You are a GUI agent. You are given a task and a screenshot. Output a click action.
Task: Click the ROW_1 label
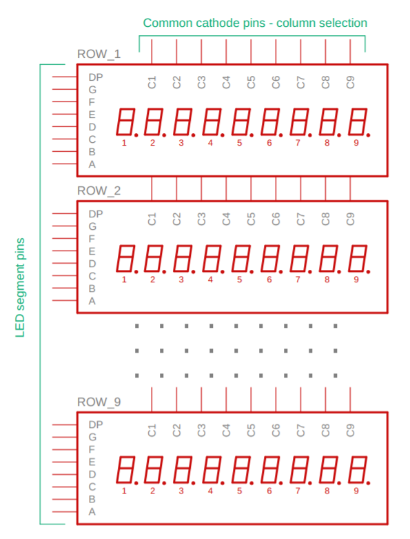pyautogui.click(x=99, y=55)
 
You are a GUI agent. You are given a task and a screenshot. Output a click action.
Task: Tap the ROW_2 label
pyautogui.click(x=99, y=190)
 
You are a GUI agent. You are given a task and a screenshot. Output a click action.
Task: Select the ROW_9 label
pyautogui.click(x=99, y=402)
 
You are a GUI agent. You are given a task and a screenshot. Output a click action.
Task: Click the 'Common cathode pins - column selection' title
pyautogui.click(x=255, y=23)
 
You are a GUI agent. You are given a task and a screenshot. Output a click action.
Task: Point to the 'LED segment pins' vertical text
pyautogui.click(x=20, y=287)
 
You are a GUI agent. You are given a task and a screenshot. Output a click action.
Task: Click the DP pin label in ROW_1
pyautogui.click(x=95, y=77)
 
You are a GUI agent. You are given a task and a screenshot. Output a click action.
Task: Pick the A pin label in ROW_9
pyautogui.click(x=92, y=512)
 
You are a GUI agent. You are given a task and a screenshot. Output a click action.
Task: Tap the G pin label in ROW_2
pyautogui.click(x=92, y=226)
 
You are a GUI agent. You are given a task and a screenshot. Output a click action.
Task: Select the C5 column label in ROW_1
pyautogui.click(x=251, y=83)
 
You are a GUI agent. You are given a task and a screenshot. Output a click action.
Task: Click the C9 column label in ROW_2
pyautogui.click(x=350, y=219)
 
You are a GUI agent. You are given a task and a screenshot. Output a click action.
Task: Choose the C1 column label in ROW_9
pyautogui.click(x=152, y=431)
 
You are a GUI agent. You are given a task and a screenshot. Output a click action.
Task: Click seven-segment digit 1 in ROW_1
pyautogui.click(x=125, y=122)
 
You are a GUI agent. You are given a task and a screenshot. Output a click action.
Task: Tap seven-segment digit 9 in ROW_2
pyautogui.click(x=358, y=259)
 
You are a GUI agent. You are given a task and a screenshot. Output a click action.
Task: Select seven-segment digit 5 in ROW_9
pyautogui.click(x=241, y=470)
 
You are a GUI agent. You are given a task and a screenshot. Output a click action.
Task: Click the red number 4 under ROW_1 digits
pyautogui.click(x=210, y=143)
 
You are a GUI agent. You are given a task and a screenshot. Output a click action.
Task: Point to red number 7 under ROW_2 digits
pyautogui.click(x=298, y=280)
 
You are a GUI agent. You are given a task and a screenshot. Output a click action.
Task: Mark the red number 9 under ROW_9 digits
pyautogui.click(x=356, y=491)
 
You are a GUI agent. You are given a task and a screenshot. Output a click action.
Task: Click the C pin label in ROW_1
pyautogui.click(x=92, y=139)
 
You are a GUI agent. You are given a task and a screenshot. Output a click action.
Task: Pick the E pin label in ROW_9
pyautogui.click(x=92, y=462)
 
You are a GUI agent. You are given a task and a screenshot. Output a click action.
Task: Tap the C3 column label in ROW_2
pyautogui.click(x=201, y=219)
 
